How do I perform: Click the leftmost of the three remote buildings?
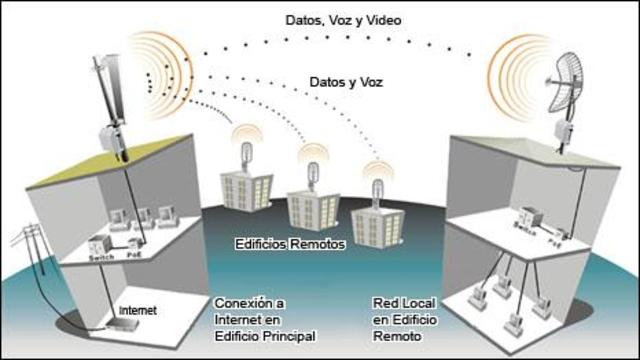pyautogui.click(x=247, y=185)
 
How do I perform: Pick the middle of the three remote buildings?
pyautogui.click(x=313, y=203)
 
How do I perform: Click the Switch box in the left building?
pyautogui.click(x=98, y=243)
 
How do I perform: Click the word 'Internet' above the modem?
pyautogui.click(x=137, y=311)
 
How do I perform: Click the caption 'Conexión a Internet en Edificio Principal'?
pyautogui.click(x=265, y=319)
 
